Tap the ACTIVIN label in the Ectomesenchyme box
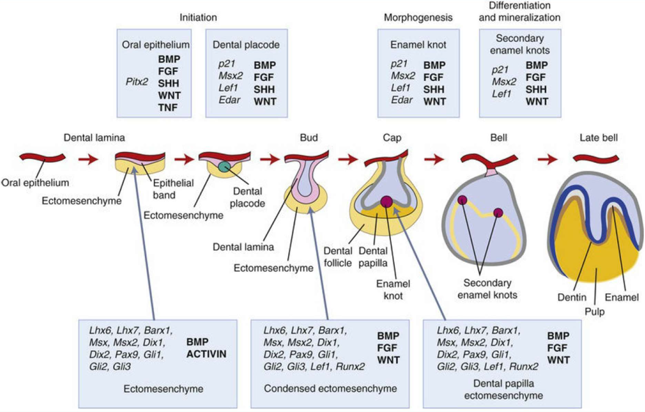pyautogui.click(x=206, y=353)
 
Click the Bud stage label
pyautogui.click(x=309, y=138)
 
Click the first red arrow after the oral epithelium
pyautogui.click(x=88, y=158)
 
